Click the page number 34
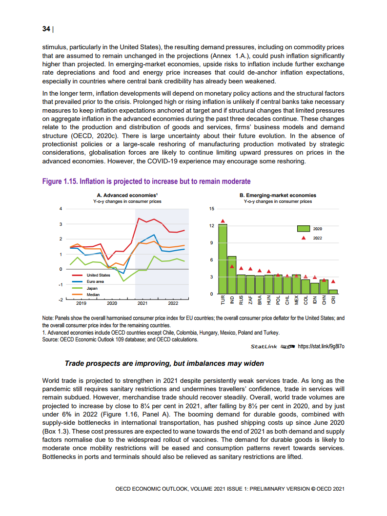pyautogui.click(x=46, y=29)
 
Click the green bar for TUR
pyautogui.click(x=223, y=258)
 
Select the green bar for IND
pyautogui.click(x=232, y=275)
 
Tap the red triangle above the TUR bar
pyautogui.click(x=223, y=221)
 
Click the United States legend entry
pyautogui.click(x=98, y=275)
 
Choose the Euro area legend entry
pyautogui.click(x=95, y=282)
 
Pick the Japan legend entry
pyautogui.click(x=92, y=288)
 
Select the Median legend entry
pyautogui.click(x=93, y=295)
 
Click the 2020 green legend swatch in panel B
pyautogui.click(x=304, y=228)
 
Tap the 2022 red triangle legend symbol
pyautogui.click(x=304, y=238)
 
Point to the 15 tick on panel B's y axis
pyautogui.click(x=211, y=209)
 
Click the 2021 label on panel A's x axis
pyautogui.click(x=143, y=303)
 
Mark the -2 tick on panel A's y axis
pyautogui.click(x=61, y=298)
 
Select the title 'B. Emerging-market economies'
pyautogui.click(x=278, y=195)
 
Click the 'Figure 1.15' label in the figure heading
pyautogui.click(x=60, y=181)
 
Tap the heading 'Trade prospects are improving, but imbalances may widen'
pyautogui.click(x=164, y=363)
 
